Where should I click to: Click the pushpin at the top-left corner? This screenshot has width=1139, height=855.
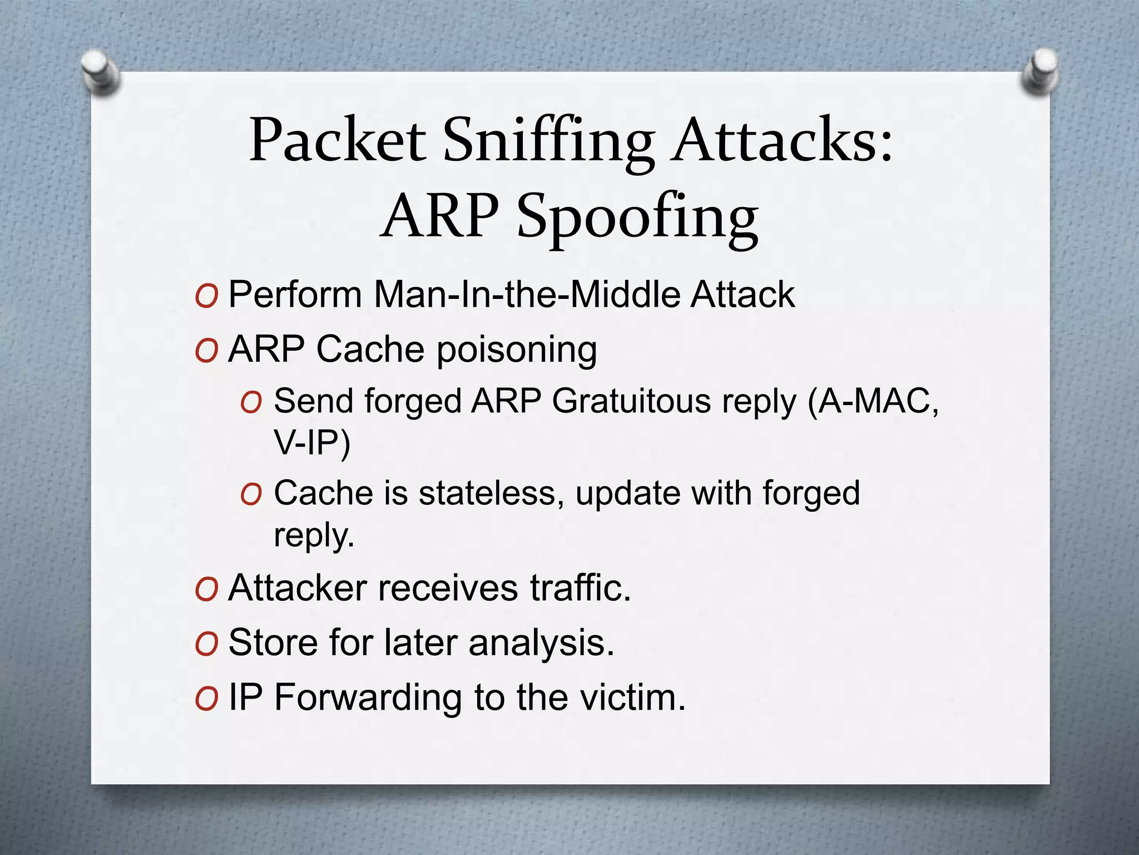(x=101, y=71)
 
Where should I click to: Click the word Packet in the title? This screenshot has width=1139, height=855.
(x=338, y=140)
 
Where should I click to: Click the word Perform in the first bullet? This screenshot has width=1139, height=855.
(x=295, y=294)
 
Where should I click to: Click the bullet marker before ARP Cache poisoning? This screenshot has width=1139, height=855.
(x=206, y=351)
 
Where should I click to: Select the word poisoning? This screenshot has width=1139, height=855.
(x=517, y=351)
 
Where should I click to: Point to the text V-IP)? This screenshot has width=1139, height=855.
(x=311, y=443)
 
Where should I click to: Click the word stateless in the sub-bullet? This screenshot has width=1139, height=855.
(x=488, y=493)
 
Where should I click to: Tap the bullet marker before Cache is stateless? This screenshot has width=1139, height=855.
(x=251, y=494)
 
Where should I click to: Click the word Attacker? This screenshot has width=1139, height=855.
(x=298, y=588)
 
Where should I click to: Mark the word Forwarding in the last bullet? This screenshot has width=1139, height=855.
(x=368, y=697)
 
